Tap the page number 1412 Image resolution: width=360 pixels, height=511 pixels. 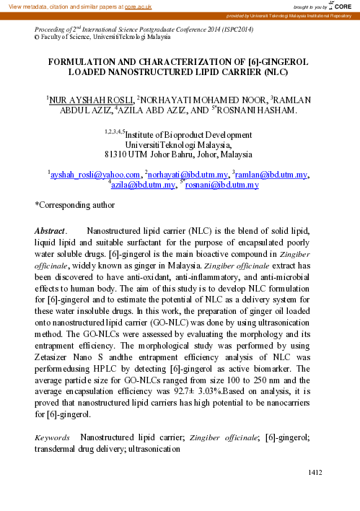[x=313, y=472]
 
